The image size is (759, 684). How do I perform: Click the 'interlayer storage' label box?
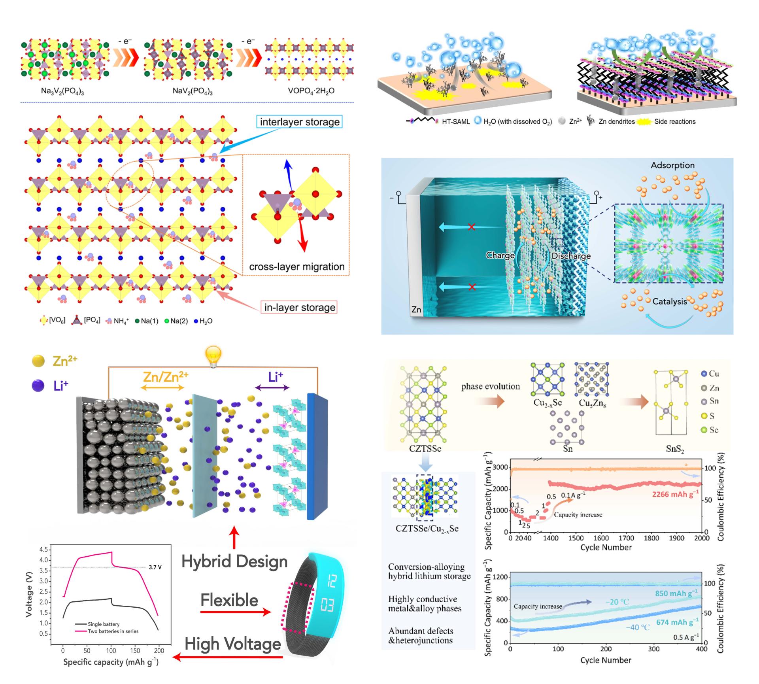300,122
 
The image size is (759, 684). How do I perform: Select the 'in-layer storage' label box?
300,308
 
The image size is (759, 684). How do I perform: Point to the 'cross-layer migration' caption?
296,267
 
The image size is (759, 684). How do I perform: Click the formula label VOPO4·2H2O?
311,91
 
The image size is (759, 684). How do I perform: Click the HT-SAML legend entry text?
456,122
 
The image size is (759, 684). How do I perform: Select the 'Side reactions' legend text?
675,122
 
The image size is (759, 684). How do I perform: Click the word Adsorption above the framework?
672,165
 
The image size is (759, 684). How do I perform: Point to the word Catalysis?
670,302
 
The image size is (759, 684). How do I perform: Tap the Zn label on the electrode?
416,310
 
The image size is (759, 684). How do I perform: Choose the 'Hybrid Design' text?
234,562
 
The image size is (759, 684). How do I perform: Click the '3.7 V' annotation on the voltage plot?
155,567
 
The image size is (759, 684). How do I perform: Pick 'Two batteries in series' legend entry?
113,631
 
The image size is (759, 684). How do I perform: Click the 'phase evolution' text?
491,386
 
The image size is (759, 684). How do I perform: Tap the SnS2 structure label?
675,449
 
